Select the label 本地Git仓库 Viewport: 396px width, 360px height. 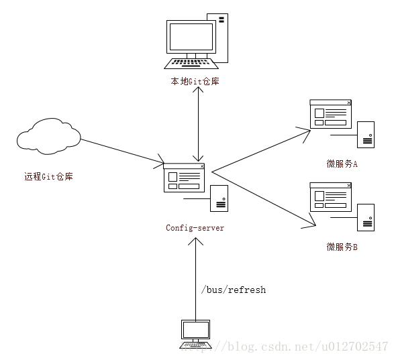(x=194, y=82)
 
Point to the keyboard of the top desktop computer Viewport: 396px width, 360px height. (x=191, y=64)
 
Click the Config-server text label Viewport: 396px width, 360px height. (x=195, y=228)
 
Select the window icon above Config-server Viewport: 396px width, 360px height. (x=184, y=178)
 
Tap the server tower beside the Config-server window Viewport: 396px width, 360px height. (x=219, y=199)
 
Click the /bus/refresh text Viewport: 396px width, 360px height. (x=234, y=290)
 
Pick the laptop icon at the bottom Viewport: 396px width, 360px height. (x=195, y=333)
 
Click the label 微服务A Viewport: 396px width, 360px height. (x=342, y=164)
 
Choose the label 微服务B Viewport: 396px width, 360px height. (x=342, y=247)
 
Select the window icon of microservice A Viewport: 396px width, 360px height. (x=330, y=114)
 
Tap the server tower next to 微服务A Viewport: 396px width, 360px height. (x=366, y=134)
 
